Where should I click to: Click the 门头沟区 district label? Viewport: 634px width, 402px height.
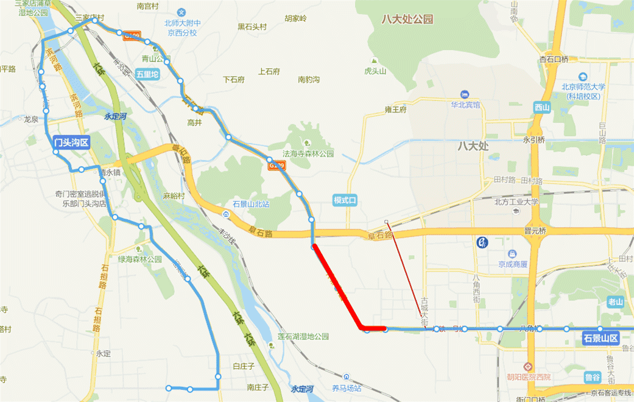point(71,143)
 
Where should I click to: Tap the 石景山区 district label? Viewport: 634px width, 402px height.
point(601,338)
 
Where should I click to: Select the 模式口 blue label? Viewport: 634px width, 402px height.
point(348,200)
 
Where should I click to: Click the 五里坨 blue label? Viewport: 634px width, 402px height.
point(147,74)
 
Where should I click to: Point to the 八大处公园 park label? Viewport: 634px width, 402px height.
point(407,19)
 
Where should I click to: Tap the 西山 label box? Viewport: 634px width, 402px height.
point(541,108)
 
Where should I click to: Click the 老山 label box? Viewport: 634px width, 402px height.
point(616,301)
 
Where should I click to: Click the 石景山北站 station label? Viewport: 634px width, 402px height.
point(251,204)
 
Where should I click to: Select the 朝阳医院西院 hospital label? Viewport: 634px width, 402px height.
point(529,377)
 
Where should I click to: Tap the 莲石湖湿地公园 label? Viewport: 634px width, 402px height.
point(303,336)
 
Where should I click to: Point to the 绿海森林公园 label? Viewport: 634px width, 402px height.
point(139,259)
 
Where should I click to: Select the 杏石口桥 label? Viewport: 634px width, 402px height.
point(554,59)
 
